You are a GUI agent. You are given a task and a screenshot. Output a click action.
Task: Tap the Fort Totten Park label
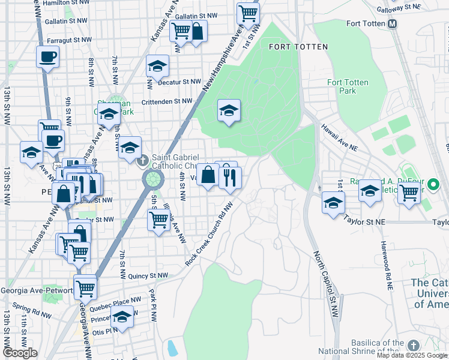[348, 86]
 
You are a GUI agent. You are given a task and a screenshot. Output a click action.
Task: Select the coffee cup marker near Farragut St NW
[47, 58]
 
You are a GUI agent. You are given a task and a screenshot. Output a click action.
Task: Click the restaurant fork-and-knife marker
[230, 177]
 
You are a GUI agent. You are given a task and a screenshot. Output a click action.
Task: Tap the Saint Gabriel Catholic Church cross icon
[142, 161]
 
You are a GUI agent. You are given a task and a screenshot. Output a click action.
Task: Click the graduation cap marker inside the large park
[228, 110]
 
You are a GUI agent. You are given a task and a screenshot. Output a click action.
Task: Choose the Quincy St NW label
[148, 276]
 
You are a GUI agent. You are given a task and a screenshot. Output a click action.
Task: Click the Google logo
[20, 353]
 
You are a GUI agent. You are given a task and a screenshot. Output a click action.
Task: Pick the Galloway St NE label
[399, 8]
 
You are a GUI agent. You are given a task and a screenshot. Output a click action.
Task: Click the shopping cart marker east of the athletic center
[409, 193]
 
